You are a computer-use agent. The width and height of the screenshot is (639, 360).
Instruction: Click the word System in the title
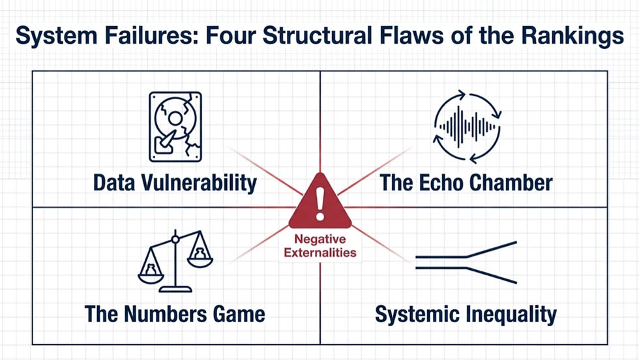tap(57, 35)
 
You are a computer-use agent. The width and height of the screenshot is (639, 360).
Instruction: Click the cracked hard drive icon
tap(175, 127)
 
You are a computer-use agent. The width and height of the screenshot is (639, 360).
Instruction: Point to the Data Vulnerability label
tap(175, 183)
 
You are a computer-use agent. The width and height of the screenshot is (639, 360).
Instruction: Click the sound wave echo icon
tap(467, 127)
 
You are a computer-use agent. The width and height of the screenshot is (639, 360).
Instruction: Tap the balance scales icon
tap(175, 261)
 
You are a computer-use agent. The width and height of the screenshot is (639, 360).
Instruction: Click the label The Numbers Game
tap(175, 314)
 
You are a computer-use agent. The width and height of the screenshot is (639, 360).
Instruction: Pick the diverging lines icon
tap(466, 262)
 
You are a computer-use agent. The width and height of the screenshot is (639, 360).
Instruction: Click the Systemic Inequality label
tap(466, 315)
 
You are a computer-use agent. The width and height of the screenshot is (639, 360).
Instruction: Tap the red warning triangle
tap(320, 201)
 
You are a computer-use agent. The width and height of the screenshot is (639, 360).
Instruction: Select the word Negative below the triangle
tap(320, 239)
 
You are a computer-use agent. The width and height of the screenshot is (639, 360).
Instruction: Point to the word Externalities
tap(320, 253)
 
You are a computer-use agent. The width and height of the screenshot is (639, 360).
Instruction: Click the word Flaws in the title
tap(411, 35)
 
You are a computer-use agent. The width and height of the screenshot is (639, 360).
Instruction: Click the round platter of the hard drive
tap(175, 119)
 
